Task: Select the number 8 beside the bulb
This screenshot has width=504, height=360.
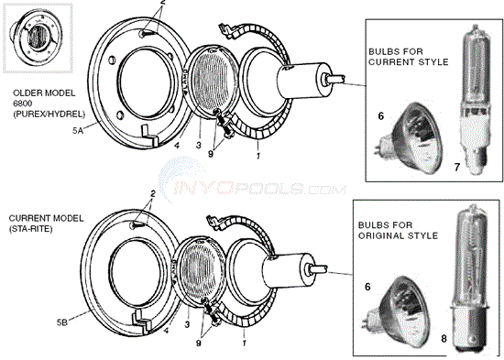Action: click(445, 337)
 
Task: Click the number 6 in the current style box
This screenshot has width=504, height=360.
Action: click(380, 116)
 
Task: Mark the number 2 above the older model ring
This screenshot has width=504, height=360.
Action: click(163, 5)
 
